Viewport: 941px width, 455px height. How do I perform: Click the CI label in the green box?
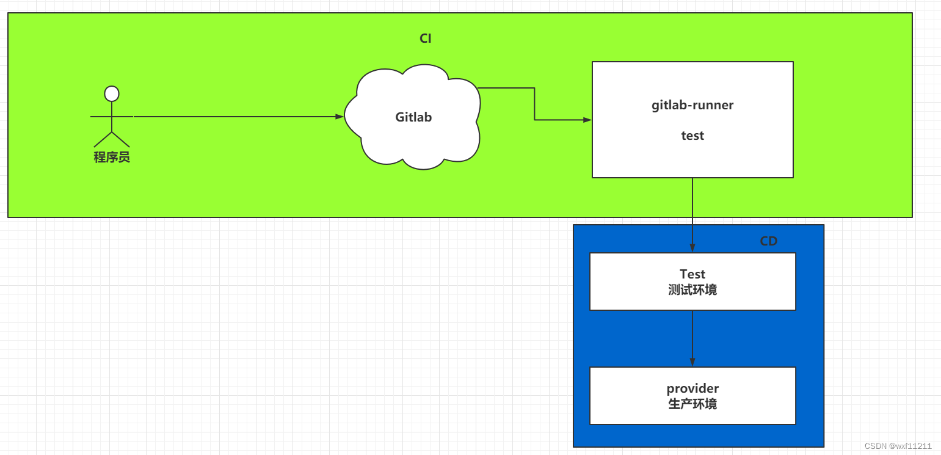(425, 38)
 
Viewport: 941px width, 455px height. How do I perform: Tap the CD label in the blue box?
(768, 241)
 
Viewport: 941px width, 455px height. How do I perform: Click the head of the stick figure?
(112, 93)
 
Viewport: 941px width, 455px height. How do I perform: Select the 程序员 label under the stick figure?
(112, 157)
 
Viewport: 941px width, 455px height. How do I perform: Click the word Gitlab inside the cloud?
(413, 117)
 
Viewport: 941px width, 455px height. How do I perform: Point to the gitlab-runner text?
(692, 105)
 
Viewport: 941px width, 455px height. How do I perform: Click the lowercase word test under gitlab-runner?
(692, 136)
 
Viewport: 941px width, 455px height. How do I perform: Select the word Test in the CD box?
(692, 274)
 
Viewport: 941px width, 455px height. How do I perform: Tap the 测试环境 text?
(692, 290)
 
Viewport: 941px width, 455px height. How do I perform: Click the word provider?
(692, 388)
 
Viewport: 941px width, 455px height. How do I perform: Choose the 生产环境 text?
(692, 404)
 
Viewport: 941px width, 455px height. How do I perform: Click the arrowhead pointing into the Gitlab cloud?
(340, 117)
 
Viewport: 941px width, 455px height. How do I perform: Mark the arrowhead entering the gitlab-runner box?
(587, 120)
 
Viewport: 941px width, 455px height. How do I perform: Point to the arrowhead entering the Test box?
(692, 248)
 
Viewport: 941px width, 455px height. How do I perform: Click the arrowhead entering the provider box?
(692, 362)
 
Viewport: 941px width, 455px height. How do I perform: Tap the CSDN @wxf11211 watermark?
(898, 446)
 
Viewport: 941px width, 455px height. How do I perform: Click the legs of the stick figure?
(112, 139)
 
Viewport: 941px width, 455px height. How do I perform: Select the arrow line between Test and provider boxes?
(692, 338)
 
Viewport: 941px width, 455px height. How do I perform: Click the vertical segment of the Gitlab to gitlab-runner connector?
(534, 104)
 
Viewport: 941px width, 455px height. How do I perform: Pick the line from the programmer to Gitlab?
(238, 117)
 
